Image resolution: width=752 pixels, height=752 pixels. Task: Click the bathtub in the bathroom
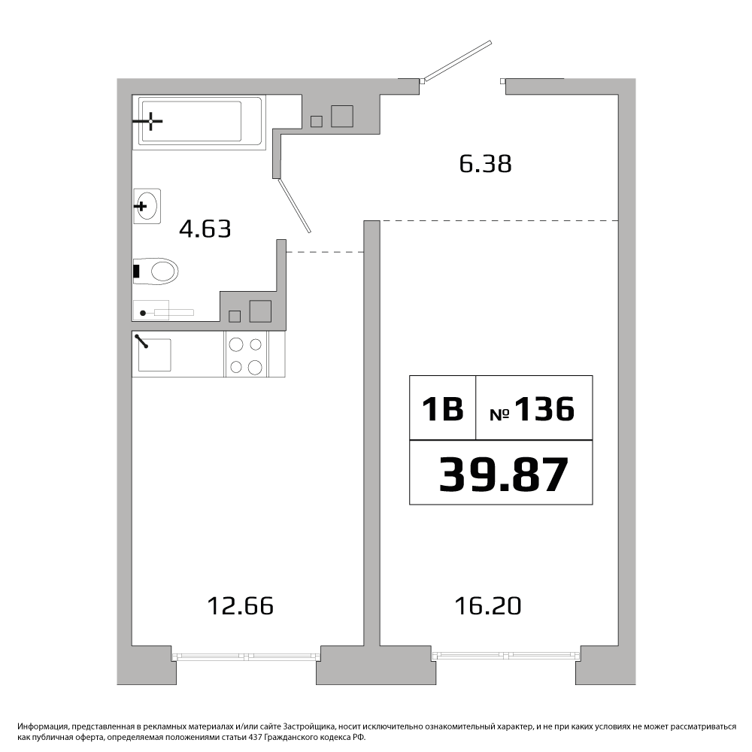(199, 121)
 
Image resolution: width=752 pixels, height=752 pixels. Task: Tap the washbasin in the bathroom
(147, 206)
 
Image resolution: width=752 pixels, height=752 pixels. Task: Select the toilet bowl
(156, 271)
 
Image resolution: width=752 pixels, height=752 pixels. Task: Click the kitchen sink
(154, 355)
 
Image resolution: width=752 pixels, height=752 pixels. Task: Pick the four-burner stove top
(247, 355)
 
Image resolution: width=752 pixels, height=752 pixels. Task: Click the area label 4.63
(205, 229)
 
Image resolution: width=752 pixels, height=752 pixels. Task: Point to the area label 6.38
(485, 163)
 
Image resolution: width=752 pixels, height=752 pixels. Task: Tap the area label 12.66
(241, 605)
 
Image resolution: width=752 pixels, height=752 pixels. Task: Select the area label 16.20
(488, 605)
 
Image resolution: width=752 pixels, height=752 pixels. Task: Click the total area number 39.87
(504, 475)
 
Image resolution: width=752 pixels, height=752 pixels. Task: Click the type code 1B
(442, 409)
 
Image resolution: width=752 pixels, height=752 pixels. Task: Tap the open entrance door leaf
(458, 60)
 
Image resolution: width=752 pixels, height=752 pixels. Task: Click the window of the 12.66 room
(246, 656)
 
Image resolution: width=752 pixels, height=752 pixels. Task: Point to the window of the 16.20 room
(506, 656)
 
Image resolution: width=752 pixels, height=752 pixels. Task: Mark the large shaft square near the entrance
(342, 116)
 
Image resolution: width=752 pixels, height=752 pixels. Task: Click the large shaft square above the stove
(260, 311)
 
